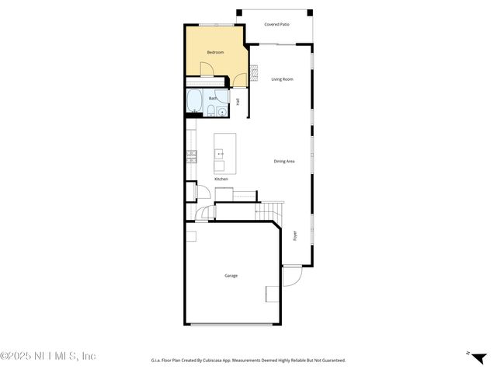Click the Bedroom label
(x=215, y=52)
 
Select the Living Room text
(x=282, y=79)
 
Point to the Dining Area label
(x=284, y=161)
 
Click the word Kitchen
(x=221, y=180)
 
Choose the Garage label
(x=231, y=276)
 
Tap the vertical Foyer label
(x=295, y=235)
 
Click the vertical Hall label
(x=238, y=102)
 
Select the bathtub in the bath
(x=193, y=102)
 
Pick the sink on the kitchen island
(x=221, y=153)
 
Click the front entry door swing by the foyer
(x=291, y=276)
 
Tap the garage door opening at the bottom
(x=231, y=324)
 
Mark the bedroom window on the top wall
(x=213, y=26)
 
